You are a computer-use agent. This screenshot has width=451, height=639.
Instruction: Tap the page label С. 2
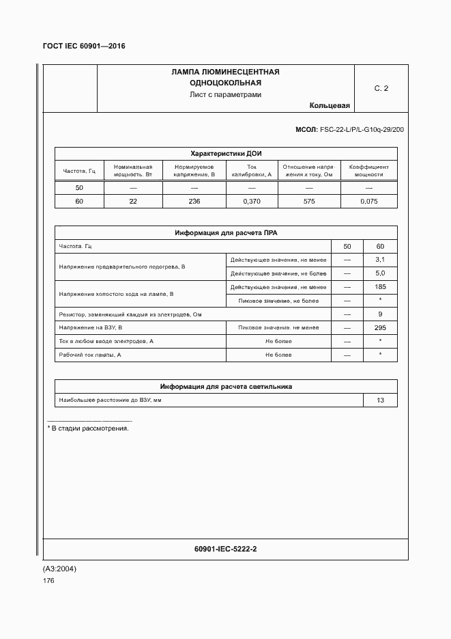tap(381, 89)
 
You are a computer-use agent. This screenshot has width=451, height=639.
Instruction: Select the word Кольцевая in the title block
tap(330, 106)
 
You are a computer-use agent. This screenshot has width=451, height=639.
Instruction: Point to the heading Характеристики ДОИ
tap(226, 153)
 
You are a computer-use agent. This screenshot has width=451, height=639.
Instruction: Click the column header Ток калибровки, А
tap(251, 170)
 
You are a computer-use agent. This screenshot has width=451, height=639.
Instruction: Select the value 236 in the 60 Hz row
tap(194, 201)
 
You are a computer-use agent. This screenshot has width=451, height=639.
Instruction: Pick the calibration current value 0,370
tap(251, 201)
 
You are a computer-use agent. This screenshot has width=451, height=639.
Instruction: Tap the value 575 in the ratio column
tap(308, 201)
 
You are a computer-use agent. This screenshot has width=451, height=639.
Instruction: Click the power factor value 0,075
tap(368, 201)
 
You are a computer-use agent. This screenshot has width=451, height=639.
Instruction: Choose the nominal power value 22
tap(133, 201)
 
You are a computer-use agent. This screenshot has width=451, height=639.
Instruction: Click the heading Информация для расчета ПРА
tap(226, 233)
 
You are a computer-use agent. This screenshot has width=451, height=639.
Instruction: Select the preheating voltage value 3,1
tap(380, 260)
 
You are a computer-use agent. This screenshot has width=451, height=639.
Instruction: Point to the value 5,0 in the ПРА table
tap(380, 273)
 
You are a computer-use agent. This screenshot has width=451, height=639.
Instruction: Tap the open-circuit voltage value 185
tap(380, 287)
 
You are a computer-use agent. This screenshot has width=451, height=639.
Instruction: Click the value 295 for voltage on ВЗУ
tap(380, 328)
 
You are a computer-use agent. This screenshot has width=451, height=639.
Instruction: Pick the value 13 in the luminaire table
tap(380, 400)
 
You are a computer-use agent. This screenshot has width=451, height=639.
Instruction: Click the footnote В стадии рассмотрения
tap(88, 429)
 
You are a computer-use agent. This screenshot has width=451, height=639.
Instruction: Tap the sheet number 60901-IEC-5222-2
tap(226, 549)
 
